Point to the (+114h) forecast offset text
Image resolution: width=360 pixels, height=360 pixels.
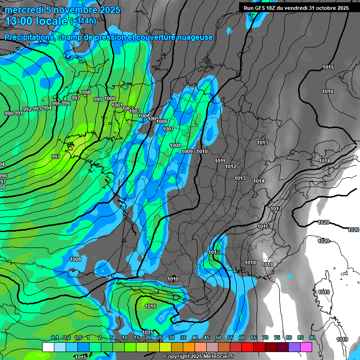click(x=83, y=21)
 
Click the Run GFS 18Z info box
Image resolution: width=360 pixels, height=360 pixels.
click(x=296, y=8)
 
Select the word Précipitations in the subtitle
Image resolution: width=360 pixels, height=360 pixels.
click(x=29, y=37)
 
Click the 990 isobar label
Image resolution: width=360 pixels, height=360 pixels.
click(x=9, y=113)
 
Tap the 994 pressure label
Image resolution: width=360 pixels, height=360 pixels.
click(x=47, y=108)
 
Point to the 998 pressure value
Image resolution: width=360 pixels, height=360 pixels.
click(x=86, y=92)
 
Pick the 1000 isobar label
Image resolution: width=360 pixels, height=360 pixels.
click(x=110, y=98)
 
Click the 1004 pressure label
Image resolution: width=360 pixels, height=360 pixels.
click(x=144, y=116)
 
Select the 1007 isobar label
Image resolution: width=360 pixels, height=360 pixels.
click(x=168, y=129)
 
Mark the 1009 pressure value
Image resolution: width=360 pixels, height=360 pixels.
click(x=187, y=151)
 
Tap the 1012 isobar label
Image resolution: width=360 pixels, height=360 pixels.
click(x=231, y=166)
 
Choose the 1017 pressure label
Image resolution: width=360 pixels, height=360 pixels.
click(x=276, y=209)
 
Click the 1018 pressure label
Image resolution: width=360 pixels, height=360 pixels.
click(x=251, y=262)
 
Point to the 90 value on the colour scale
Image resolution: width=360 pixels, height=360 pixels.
click(x=312, y=337)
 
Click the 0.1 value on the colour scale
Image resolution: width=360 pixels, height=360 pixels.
click(x=55, y=337)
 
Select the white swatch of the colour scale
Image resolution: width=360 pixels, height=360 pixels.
click(x=48, y=347)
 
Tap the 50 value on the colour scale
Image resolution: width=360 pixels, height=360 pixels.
click(x=218, y=337)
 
